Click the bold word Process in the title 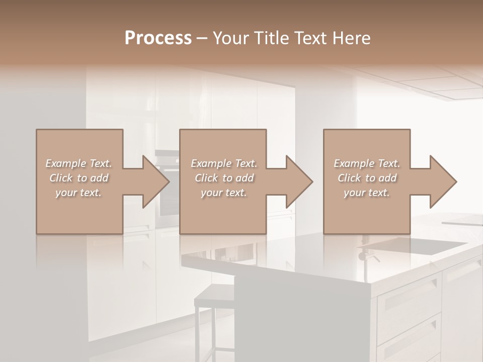point(158,38)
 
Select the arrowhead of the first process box point(156,182)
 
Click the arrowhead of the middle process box point(300,182)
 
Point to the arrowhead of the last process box point(443,182)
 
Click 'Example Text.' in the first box point(78,163)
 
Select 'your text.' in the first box point(78,193)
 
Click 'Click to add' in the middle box point(224,178)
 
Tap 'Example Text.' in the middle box point(224,163)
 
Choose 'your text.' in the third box point(367,193)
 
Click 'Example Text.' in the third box point(367,163)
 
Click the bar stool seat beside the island point(214,295)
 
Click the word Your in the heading point(230,38)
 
